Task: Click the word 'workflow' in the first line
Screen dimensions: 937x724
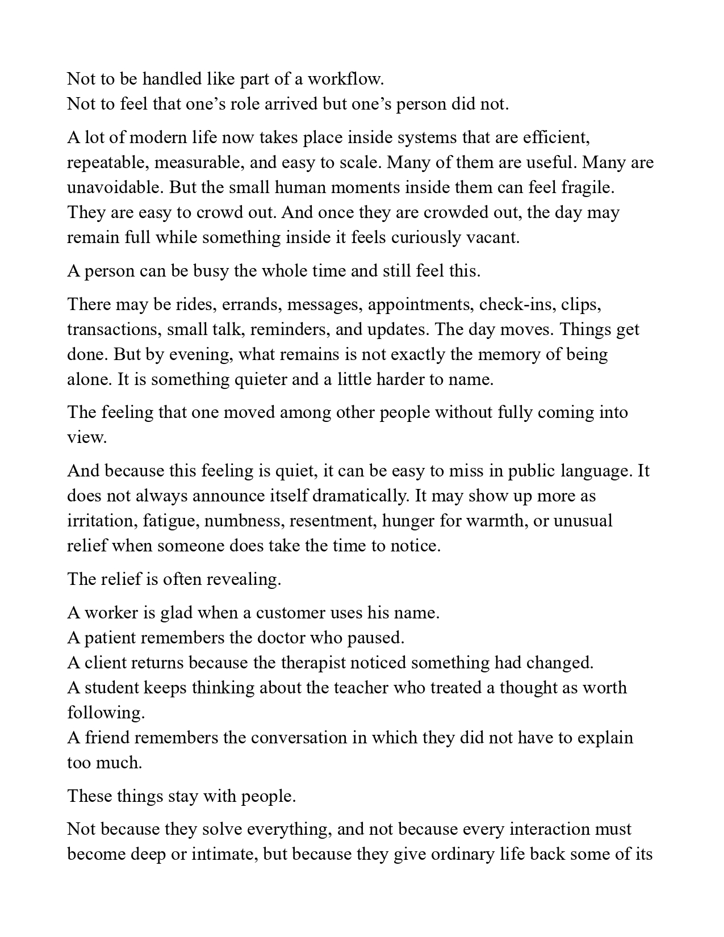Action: click(x=348, y=79)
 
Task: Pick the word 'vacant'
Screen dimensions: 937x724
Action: click(x=492, y=237)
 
